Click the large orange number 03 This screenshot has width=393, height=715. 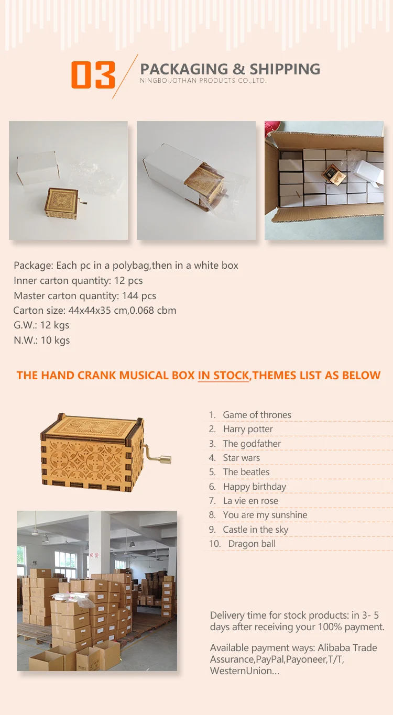coord(93,75)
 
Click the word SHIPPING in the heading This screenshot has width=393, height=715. coord(285,69)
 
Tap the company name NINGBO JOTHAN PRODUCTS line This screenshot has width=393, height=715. coord(203,81)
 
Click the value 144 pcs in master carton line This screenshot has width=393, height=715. coord(139,295)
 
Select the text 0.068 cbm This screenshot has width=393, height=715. coord(153,310)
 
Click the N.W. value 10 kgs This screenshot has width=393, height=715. coord(55,340)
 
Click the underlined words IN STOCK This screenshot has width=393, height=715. coord(223,376)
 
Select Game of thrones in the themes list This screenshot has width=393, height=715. coord(257,415)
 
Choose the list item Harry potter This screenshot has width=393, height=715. coord(248,429)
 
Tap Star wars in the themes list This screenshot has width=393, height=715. coord(242,458)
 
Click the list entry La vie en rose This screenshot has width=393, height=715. coord(250,501)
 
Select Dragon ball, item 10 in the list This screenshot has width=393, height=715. coord(252,544)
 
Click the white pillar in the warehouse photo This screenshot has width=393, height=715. coord(99,542)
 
